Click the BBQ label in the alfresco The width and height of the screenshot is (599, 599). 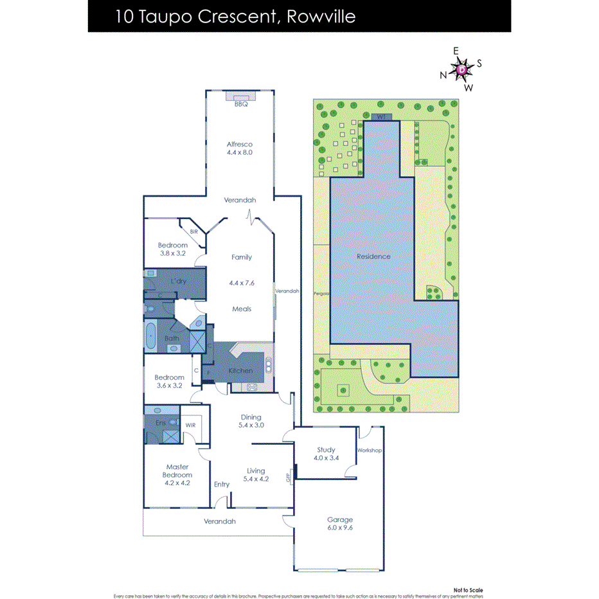241,104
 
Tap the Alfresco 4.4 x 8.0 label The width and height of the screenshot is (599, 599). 239,148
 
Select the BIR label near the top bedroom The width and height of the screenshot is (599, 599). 193,231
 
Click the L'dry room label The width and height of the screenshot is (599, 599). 179,282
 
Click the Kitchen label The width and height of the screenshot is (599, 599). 241,371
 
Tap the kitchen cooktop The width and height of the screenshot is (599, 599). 252,387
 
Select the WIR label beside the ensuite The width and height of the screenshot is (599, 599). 190,425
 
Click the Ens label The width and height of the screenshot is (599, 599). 161,423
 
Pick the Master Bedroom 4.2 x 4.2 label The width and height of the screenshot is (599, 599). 177,475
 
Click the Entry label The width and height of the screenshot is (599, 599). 221,484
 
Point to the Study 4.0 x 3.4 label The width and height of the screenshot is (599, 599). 326,454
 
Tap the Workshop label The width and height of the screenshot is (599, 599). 370,451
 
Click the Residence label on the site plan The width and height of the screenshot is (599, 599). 373,256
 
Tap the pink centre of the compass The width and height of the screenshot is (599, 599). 462,69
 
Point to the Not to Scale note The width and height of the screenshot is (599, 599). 467,589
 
